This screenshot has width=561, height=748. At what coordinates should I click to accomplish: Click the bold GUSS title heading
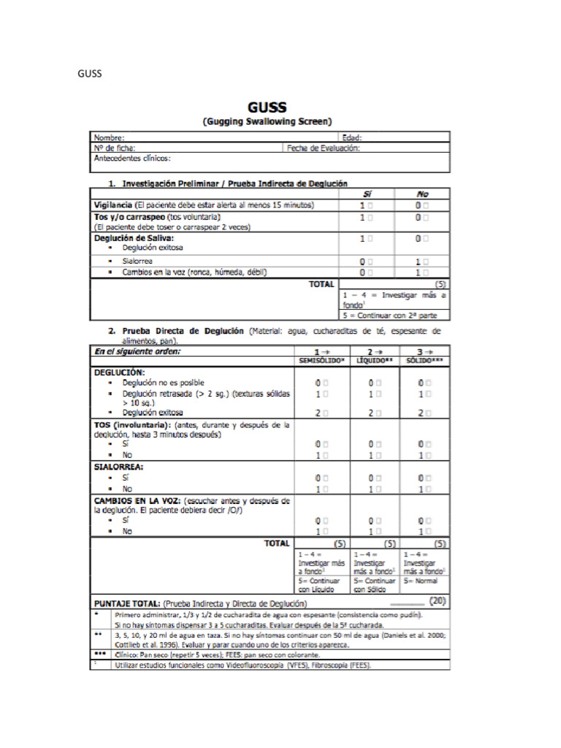(x=267, y=107)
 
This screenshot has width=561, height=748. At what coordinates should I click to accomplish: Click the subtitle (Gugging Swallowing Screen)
(x=267, y=121)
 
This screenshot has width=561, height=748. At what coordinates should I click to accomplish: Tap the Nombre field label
(x=109, y=137)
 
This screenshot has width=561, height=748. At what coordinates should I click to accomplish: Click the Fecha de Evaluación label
(x=323, y=148)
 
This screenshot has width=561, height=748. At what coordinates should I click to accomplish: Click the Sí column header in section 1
(x=367, y=194)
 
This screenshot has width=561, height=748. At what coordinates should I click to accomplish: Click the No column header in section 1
(x=422, y=194)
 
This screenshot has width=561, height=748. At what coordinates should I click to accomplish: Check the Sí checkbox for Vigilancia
(x=373, y=206)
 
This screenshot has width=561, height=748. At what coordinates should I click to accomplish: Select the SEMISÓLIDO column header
(x=322, y=361)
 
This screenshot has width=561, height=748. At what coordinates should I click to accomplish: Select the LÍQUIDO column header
(x=375, y=361)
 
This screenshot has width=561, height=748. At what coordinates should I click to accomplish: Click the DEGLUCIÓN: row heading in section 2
(x=120, y=372)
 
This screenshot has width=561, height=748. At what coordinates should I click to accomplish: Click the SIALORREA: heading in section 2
(x=118, y=466)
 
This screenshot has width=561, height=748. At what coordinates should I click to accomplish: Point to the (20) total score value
(x=438, y=601)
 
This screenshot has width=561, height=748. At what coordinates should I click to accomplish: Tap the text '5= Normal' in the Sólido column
(x=421, y=581)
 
